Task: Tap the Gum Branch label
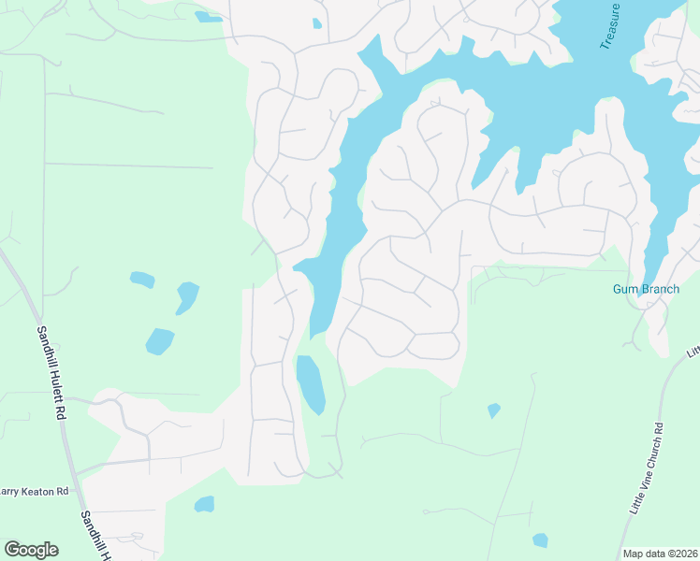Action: point(646,289)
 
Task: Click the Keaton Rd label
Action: point(35,491)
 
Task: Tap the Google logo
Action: point(31,550)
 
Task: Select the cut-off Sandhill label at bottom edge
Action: point(96,538)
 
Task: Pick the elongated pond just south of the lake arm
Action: point(311,384)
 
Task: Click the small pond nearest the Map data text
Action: point(540,539)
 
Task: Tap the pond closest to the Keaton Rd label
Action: point(204,505)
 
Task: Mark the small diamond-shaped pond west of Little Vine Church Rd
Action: point(493,410)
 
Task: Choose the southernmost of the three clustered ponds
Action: point(160,341)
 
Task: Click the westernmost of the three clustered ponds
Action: point(142,279)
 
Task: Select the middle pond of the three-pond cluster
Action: point(187,297)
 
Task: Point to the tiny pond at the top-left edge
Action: point(208,17)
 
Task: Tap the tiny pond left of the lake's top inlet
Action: point(316,23)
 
